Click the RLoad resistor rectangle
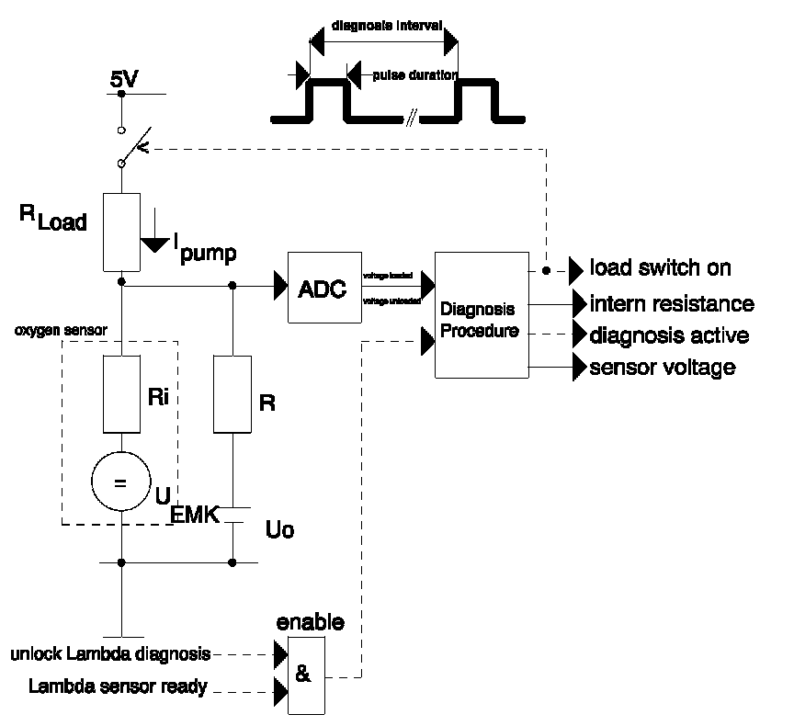(121, 233)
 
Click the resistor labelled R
(231, 394)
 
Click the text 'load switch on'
(661, 267)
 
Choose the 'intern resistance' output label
(672, 303)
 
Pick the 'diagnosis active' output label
(669, 335)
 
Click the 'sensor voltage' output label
(663, 368)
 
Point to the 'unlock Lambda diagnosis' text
(111, 654)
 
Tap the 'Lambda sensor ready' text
(118, 686)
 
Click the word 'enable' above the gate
(311, 622)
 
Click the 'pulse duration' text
(414, 75)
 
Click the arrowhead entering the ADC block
(278, 287)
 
